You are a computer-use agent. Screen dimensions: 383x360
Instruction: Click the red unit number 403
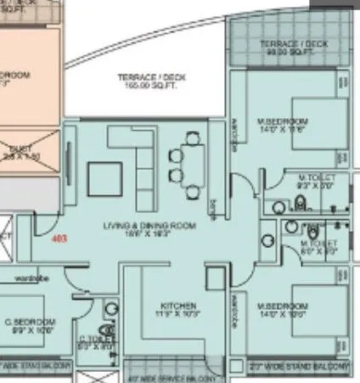point(59,240)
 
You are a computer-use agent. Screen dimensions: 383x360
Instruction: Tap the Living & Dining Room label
point(149,226)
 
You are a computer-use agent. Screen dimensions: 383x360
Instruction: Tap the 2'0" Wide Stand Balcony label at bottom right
point(301,365)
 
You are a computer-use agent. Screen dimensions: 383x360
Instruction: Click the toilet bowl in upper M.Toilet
point(299,201)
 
